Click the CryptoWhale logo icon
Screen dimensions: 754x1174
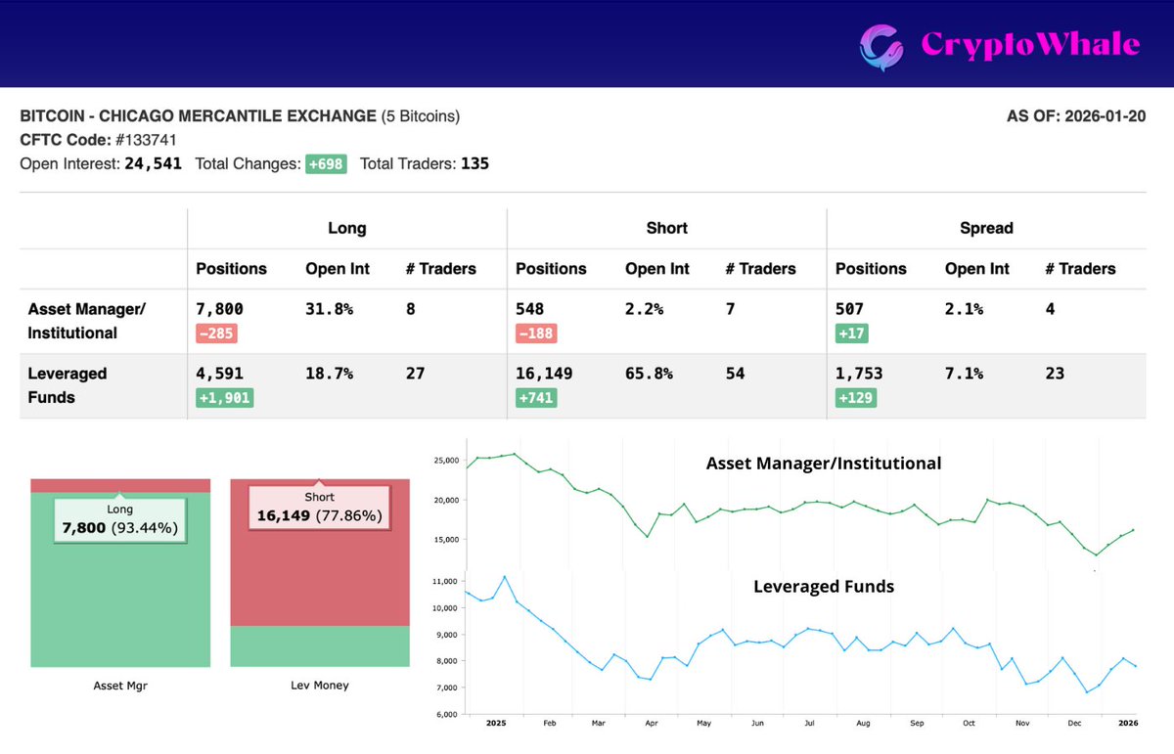880,44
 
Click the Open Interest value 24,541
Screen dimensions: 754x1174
153,164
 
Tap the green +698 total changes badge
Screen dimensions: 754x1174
326,164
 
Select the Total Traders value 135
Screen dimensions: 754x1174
474,164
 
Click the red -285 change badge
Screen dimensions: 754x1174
216,333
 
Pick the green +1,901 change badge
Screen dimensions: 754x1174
224,398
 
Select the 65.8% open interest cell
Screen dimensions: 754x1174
649,374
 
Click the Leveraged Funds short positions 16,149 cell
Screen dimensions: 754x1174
544,374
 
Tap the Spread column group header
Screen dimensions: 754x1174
986,228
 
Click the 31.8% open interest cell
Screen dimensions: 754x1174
329,309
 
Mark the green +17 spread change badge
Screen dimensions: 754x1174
851,333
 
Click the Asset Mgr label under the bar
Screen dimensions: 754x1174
120,686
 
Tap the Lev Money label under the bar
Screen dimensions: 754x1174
319,686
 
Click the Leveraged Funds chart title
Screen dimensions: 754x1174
823,587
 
